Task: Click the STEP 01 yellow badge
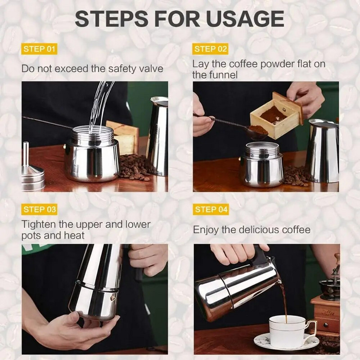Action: click(x=40, y=49)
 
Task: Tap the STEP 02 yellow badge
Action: click(x=211, y=49)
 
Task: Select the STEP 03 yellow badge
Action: click(x=40, y=209)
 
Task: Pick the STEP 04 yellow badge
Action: click(x=211, y=209)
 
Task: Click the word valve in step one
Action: click(x=151, y=69)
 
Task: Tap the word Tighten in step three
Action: click(x=39, y=224)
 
